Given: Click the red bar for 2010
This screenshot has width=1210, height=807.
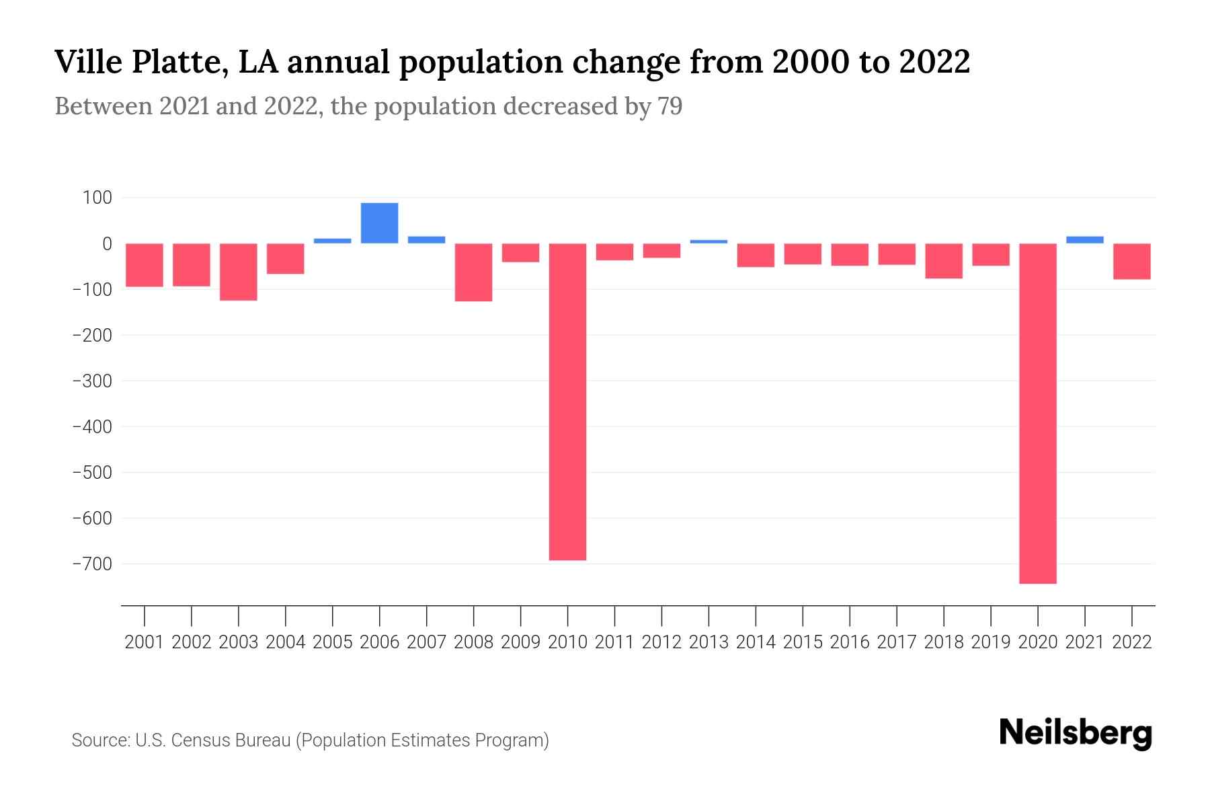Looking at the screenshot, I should pos(567,401).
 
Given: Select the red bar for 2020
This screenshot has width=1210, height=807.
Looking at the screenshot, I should pos(1038,413).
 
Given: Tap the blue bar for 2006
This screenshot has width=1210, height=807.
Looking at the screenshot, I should pos(379,223).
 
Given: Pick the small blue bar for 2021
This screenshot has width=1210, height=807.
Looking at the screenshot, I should pos(1085,239).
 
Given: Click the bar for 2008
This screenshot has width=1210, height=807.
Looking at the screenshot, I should pos(473,272).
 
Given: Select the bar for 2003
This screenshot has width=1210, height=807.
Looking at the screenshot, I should pos(239,272).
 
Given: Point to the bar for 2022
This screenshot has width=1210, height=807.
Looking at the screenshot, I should pos(1132,261).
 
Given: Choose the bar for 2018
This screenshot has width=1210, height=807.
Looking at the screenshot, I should pos(944,261).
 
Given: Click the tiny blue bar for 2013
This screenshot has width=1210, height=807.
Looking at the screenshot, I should pos(709,241).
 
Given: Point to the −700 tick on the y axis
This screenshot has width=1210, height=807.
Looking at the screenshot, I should pos(92,564).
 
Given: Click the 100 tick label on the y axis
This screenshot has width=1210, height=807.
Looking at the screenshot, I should pos(97,198).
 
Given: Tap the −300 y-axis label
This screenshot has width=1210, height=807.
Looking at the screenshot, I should pos(92,381).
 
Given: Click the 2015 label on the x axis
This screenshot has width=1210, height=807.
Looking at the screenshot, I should pos(803,642).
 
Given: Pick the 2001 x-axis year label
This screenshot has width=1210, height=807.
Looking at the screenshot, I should pos(145,642).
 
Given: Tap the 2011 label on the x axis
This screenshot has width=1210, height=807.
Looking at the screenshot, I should pos(614,642).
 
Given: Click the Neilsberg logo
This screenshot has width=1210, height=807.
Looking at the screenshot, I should pos(1076,733).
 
